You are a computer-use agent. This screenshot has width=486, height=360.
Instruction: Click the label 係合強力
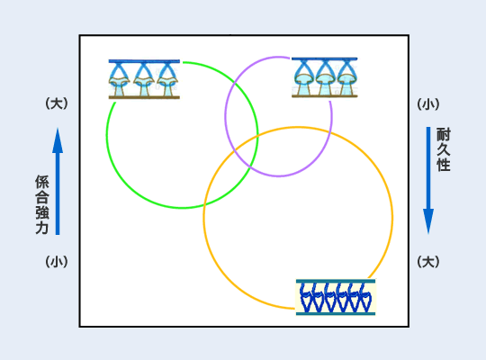[41, 204]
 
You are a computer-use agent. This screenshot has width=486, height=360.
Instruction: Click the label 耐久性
[443, 149]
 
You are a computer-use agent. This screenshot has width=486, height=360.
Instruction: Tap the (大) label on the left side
[57, 103]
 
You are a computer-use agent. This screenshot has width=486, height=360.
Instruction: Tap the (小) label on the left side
[57, 262]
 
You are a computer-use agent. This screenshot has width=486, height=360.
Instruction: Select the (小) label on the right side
[428, 104]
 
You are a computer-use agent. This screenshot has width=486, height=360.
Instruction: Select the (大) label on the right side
[428, 262]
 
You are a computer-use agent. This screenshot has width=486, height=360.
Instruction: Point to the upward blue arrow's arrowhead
[58, 140]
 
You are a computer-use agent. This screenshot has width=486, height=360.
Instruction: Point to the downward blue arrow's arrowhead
[428, 221]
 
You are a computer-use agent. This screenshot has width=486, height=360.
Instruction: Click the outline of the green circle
[107, 136]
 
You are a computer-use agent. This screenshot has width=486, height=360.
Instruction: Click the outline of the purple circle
[225, 116]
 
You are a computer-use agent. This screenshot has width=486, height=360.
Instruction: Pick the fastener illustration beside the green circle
[144, 79]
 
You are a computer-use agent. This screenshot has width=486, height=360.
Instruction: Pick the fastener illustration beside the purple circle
[325, 77]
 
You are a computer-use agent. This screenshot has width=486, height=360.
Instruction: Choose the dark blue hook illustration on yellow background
[336, 297]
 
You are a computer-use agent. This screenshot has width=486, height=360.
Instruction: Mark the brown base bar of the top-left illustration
[144, 97]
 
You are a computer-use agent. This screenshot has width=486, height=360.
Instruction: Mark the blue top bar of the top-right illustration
[325, 58]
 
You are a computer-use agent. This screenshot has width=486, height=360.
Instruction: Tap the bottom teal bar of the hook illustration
[336, 314]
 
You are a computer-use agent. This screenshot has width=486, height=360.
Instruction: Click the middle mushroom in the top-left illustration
[143, 80]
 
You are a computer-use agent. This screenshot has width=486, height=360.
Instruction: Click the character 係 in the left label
[41, 182]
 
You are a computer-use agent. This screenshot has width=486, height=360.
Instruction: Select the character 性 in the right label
[443, 165]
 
